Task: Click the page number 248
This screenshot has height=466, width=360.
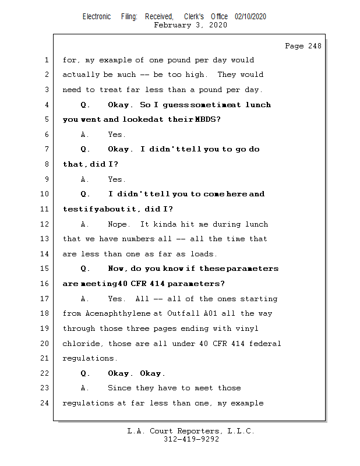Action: (313, 46)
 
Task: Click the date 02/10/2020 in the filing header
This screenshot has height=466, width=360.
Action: (250, 17)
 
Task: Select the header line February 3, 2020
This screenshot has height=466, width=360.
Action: (190, 26)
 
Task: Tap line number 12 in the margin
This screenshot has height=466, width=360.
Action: (45, 224)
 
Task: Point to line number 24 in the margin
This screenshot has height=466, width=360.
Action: (45, 403)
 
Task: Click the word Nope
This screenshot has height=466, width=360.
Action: (120, 224)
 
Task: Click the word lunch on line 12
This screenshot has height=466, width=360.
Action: (256, 224)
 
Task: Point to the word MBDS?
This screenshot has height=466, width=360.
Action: (208, 119)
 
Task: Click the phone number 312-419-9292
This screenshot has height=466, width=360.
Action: (191, 440)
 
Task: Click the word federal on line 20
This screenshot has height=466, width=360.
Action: (266, 344)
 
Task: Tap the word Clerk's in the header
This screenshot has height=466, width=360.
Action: (193, 17)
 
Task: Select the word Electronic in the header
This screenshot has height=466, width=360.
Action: (97, 17)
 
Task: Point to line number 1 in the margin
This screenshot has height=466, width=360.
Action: (45, 60)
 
